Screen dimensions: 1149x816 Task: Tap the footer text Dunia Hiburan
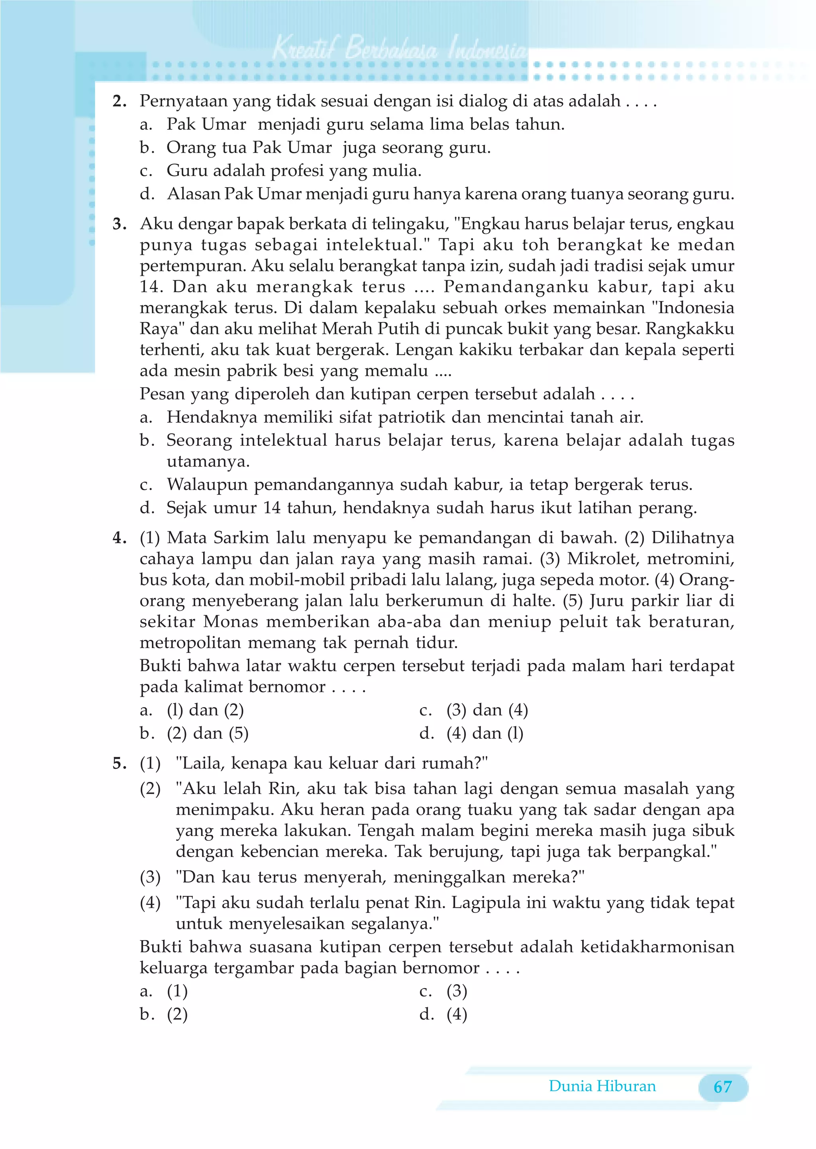point(602,1086)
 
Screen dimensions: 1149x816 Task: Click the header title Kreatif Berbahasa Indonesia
point(400,49)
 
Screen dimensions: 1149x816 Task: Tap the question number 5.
point(120,764)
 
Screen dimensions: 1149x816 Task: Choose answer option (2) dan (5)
point(208,733)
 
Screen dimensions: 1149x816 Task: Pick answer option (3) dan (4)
point(487,710)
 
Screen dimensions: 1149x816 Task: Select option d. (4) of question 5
point(456,1014)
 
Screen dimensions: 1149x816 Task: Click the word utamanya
point(208,462)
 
